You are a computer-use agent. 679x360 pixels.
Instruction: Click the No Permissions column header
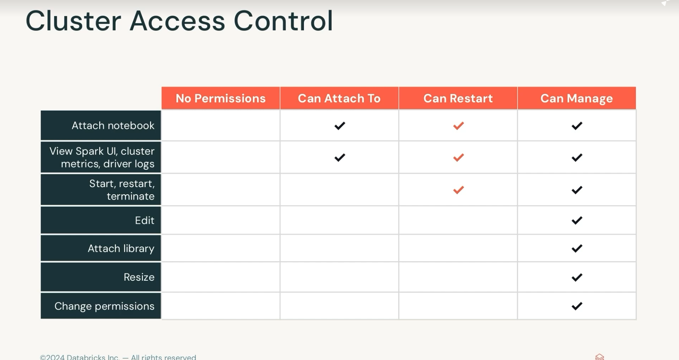coord(220,98)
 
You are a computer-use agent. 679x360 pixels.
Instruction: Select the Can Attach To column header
coord(339,98)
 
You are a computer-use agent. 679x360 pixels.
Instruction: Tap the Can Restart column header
coord(458,98)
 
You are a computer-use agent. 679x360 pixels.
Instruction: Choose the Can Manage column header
coord(577,98)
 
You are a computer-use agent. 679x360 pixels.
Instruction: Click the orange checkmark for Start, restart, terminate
coord(459,190)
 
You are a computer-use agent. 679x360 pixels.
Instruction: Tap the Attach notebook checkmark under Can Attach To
coord(340,126)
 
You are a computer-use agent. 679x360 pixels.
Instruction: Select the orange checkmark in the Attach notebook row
coord(459,126)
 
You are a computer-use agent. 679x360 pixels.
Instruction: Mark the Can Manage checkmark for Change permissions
coord(577,306)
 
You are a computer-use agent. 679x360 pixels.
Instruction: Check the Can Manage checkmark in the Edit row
coord(577,221)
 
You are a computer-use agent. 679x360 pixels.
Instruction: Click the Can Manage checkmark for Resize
coord(577,277)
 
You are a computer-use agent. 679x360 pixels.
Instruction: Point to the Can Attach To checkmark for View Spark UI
coord(340,157)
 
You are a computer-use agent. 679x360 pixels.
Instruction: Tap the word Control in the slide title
coord(283,21)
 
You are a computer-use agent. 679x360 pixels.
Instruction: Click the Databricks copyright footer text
coord(118,357)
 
